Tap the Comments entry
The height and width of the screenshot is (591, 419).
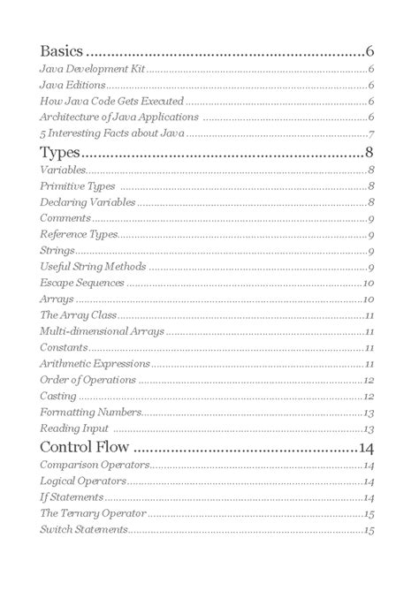click(x=65, y=218)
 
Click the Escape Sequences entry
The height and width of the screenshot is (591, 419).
click(x=81, y=284)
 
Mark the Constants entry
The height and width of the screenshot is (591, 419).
click(x=64, y=348)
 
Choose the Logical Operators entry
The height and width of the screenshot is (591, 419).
click(x=83, y=481)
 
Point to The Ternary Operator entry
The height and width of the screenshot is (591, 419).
click(x=92, y=513)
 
